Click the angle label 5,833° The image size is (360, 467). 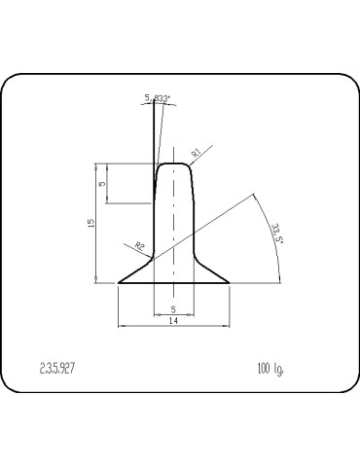coord(158,98)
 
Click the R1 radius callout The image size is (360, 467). coord(196,153)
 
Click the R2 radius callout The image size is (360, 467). coord(140,247)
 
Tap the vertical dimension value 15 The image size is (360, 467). coord(90,223)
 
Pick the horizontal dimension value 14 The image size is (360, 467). coord(173,319)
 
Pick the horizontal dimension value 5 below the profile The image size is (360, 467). coord(173,308)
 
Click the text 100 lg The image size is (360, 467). coord(270,368)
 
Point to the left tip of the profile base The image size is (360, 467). coord(119,283)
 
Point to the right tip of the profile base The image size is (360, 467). coord(229,283)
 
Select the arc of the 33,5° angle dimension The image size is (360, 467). coord(271,224)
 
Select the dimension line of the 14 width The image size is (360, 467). coord(146,325)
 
